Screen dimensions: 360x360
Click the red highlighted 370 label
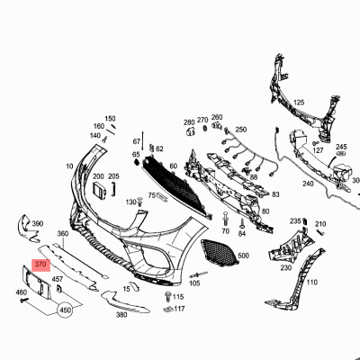pos(41,265)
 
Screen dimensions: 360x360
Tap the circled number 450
pos(66,310)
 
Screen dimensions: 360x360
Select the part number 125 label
pos(299,103)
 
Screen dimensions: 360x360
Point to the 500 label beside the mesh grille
pos(243,256)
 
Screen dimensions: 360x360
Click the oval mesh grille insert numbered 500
pos(219,252)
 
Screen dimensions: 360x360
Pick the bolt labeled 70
pos(226,219)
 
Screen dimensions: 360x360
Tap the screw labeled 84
pos(242,222)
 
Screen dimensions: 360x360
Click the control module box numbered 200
pos(100,190)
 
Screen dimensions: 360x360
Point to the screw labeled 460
pos(23,300)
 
